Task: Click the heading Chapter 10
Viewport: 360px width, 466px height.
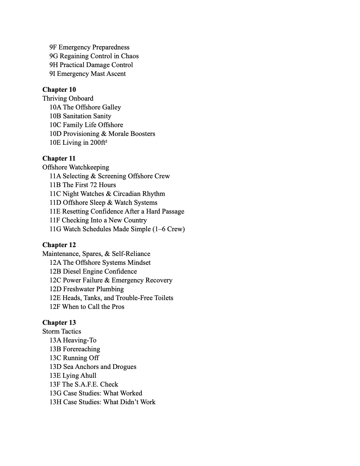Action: coord(59,89)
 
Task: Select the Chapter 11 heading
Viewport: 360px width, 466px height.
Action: coord(59,158)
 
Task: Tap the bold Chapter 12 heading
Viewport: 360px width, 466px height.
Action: coord(59,245)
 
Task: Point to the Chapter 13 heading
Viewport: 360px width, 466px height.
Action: coord(59,322)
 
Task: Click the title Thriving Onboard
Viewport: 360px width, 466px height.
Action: coord(68,98)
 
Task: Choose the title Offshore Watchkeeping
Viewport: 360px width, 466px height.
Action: coord(76,167)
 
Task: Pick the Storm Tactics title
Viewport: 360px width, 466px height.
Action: coord(61,331)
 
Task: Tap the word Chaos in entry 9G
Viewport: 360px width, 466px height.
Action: coord(130,56)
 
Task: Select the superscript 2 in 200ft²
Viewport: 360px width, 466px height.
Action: coord(106,141)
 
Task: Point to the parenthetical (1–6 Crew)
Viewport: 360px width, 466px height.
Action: coord(169,229)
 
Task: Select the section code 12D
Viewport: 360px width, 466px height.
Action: coord(55,289)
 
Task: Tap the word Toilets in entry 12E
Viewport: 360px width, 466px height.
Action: coord(164,298)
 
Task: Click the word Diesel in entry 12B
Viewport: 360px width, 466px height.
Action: coord(72,271)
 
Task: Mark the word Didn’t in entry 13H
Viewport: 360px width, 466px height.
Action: coord(129,402)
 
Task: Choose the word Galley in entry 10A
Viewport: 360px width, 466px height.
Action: coord(111,107)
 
